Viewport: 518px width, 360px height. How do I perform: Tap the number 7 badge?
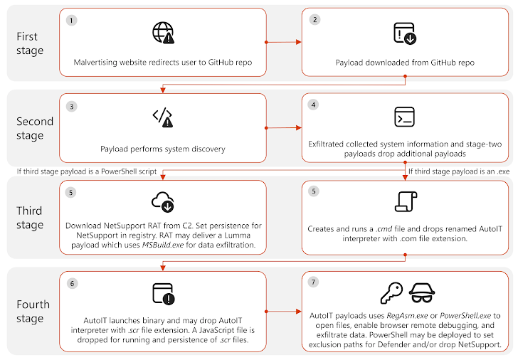point(314,282)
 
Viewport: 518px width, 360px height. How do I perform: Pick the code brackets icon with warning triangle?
point(162,118)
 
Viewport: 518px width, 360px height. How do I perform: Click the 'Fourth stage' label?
point(33,312)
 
